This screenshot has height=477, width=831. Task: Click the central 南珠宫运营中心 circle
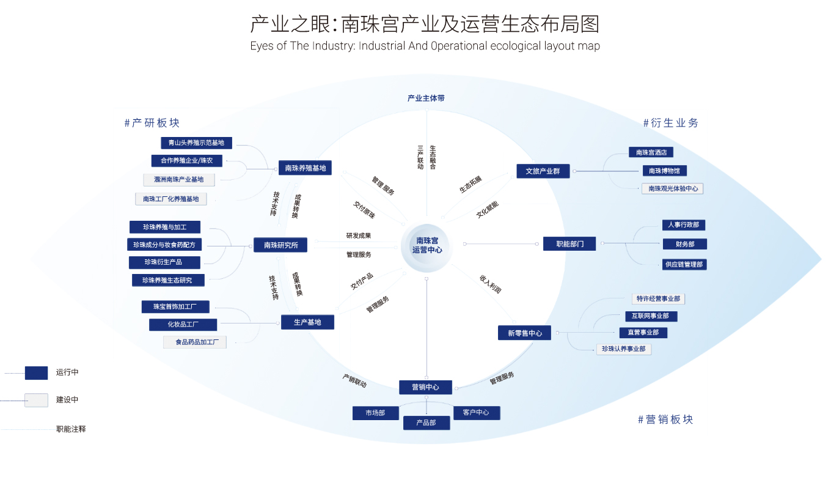click(x=426, y=245)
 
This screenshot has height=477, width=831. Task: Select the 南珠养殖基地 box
click(x=305, y=168)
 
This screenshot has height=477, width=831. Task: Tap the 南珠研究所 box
click(x=280, y=245)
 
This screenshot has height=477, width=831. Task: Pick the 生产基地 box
click(x=307, y=322)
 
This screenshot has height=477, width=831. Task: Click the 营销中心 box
click(x=426, y=387)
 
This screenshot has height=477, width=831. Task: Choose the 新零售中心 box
click(x=524, y=333)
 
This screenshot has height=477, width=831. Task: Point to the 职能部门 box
click(x=569, y=243)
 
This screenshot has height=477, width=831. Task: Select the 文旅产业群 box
click(x=543, y=171)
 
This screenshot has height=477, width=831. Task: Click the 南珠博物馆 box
click(x=664, y=171)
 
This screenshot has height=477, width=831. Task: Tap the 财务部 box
click(x=684, y=244)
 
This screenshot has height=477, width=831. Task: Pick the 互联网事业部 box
click(x=650, y=316)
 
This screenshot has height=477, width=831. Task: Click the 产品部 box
click(x=426, y=423)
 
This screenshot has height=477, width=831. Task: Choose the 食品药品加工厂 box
click(x=194, y=342)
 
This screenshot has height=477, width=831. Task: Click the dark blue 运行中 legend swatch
click(x=36, y=372)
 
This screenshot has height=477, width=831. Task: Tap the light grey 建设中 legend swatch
click(x=36, y=400)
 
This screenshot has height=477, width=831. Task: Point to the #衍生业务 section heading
click(x=670, y=123)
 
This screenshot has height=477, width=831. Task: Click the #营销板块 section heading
click(x=665, y=420)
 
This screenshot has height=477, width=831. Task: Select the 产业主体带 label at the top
click(x=426, y=98)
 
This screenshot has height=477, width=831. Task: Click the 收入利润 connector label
click(x=490, y=284)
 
